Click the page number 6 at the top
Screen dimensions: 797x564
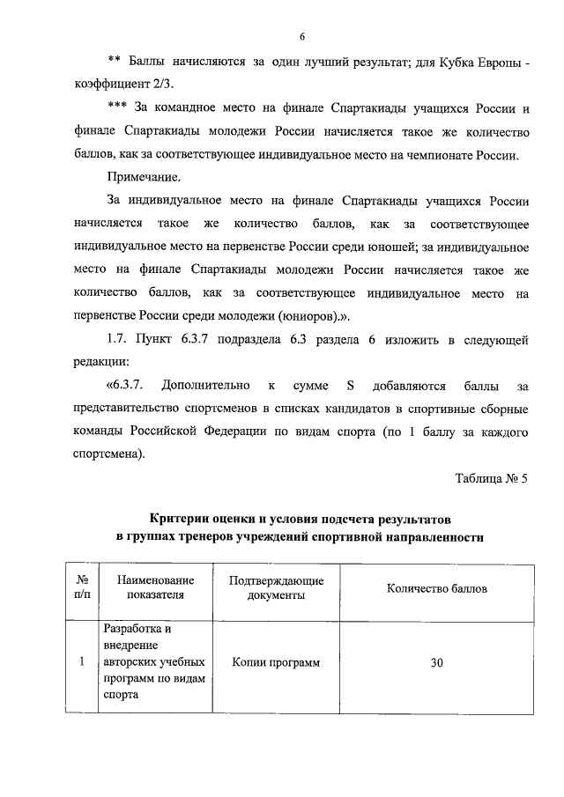tap(301, 36)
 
